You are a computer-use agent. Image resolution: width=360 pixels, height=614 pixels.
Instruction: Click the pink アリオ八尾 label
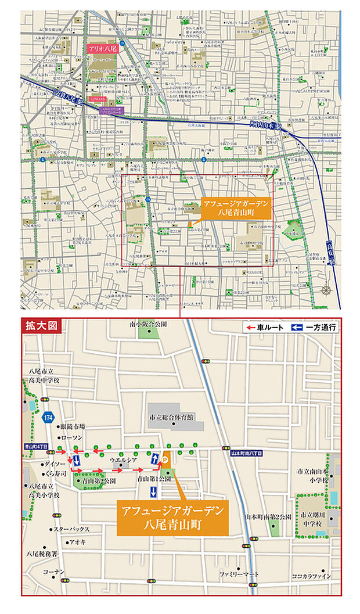pyautogui.click(x=102, y=49)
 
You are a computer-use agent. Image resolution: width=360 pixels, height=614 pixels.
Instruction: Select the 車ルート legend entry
pyautogui.click(x=266, y=328)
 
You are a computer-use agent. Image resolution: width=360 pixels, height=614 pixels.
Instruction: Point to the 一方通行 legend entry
pyautogui.click(x=314, y=328)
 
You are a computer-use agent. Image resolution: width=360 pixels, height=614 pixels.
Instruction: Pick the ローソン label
pyautogui.click(x=71, y=437)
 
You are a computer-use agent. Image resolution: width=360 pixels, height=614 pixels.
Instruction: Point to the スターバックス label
pyautogui.click(x=71, y=529)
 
